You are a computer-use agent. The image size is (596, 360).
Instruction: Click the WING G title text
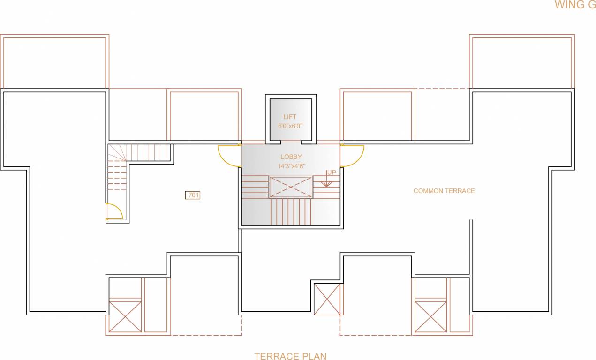[575, 5]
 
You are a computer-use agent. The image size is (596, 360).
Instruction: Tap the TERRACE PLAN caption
[290, 356]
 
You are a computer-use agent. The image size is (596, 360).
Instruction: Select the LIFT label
[290, 117]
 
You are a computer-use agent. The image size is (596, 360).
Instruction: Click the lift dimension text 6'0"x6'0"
[290, 126]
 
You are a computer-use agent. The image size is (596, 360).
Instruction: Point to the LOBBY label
[291, 157]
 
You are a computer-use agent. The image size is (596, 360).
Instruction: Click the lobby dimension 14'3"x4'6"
[290, 165]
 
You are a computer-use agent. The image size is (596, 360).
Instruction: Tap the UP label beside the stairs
[332, 172]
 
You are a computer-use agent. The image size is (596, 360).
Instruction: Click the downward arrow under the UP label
[326, 184]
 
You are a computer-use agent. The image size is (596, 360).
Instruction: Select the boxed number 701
[193, 195]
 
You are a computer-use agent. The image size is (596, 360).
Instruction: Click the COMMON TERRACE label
[444, 191]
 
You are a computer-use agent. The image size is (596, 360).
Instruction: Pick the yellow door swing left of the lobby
[228, 157]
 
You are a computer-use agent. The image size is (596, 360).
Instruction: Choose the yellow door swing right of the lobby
[353, 156]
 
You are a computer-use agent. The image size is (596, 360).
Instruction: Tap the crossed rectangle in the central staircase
[291, 187]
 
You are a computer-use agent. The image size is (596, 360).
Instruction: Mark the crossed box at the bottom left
[125, 316]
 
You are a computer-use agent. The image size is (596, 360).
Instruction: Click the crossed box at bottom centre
[327, 299]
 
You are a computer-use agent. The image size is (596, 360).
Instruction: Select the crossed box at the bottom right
[430, 316]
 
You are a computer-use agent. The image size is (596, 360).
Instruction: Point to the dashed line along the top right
[442, 88]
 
